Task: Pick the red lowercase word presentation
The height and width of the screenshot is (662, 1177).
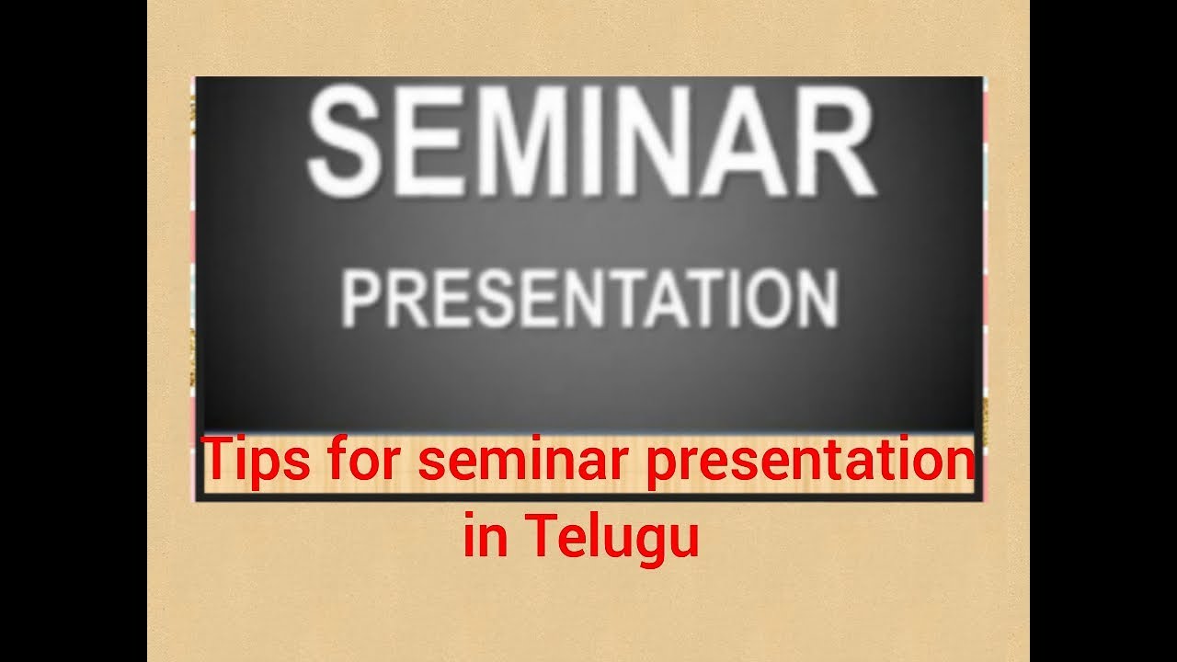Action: [x=809, y=461]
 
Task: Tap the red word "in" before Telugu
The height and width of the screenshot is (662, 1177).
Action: [x=486, y=537]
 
